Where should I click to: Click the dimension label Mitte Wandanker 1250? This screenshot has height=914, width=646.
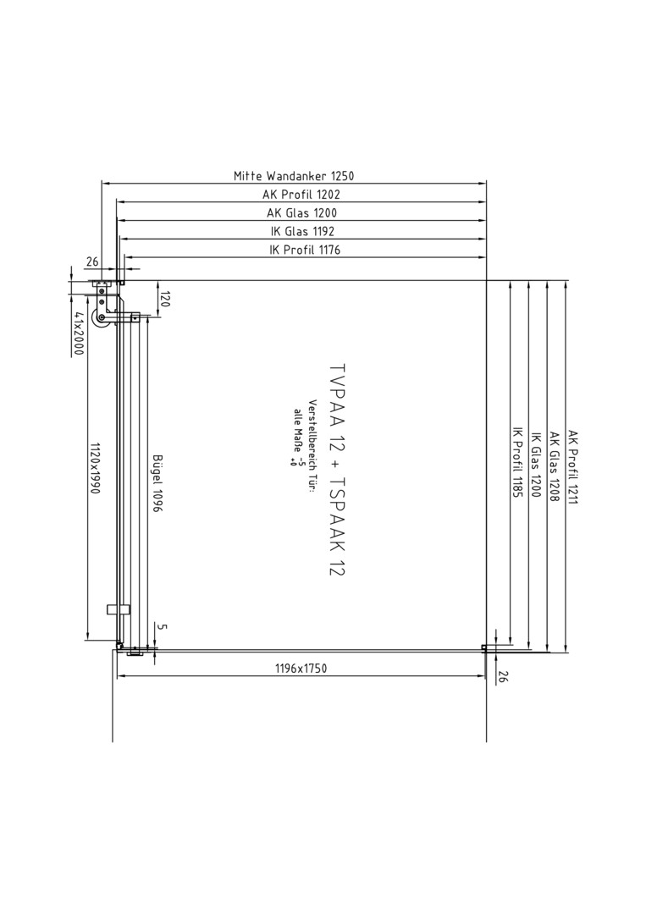click(294, 175)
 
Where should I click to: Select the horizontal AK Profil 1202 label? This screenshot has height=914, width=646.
click(301, 194)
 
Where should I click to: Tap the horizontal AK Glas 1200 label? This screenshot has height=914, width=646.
click(301, 212)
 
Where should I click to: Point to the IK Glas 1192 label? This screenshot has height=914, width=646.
click(302, 231)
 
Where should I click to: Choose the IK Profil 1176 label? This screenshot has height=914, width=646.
click(304, 250)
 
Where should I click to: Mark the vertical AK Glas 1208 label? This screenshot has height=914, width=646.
click(555, 467)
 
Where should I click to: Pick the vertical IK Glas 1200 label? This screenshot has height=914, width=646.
click(536, 465)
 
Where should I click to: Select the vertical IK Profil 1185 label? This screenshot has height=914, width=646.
click(517, 462)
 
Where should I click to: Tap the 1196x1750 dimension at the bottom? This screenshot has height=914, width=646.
click(301, 668)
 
